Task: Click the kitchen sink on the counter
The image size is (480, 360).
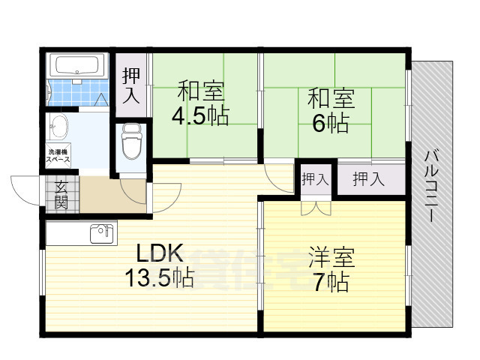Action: pyautogui.click(x=100, y=234)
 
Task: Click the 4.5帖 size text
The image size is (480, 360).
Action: pyautogui.click(x=200, y=116)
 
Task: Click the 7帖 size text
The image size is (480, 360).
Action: pyautogui.click(x=330, y=283)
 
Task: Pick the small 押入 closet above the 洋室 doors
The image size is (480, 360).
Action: pyautogui.click(x=314, y=179)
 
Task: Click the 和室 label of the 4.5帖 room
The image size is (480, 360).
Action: pyautogui.click(x=200, y=92)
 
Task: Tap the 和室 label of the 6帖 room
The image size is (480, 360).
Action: pyautogui.click(x=330, y=98)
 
